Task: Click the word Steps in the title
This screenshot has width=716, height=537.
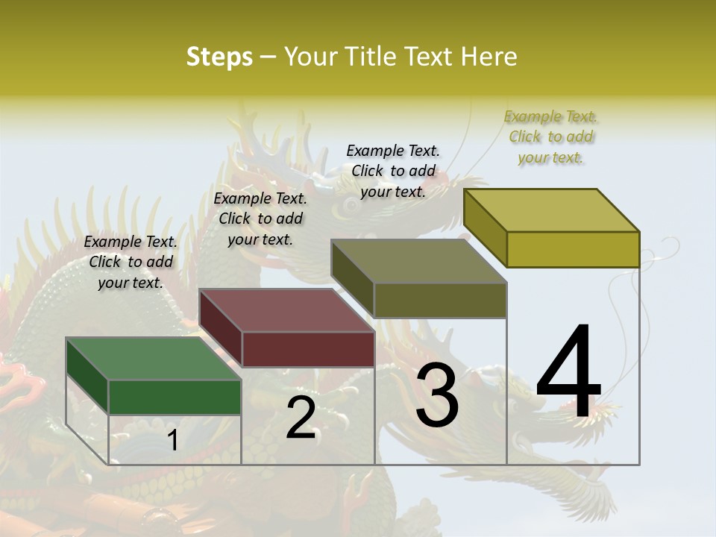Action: click(219, 57)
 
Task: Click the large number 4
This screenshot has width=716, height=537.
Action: click(568, 374)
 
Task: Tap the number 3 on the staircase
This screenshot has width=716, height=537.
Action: click(437, 395)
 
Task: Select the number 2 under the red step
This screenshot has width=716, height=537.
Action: click(301, 418)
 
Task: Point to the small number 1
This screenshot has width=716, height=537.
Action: click(172, 441)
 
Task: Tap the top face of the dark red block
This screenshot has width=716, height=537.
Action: click(286, 310)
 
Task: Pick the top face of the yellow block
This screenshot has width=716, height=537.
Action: click(552, 210)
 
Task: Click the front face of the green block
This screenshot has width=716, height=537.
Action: click(175, 397)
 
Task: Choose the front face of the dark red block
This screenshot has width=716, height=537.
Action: click(308, 349)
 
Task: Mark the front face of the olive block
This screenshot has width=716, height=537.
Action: click(440, 300)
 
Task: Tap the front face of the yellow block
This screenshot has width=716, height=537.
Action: click(573, 249)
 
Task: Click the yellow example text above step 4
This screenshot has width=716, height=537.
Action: click(550, 136)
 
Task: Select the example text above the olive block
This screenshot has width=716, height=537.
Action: click(393, 171)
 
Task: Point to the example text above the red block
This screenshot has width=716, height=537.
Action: click(260, 219)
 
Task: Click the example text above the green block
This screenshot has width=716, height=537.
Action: click(131, 262)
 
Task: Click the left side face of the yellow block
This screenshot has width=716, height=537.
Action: click(485, 227)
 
